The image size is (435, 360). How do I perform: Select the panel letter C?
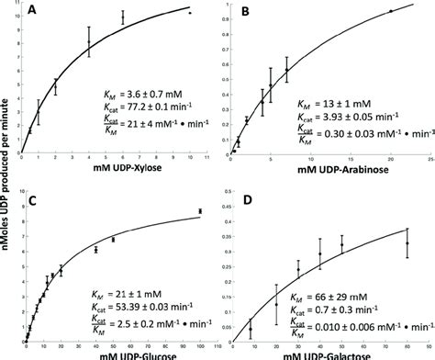30,195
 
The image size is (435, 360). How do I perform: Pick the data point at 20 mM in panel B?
390,11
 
